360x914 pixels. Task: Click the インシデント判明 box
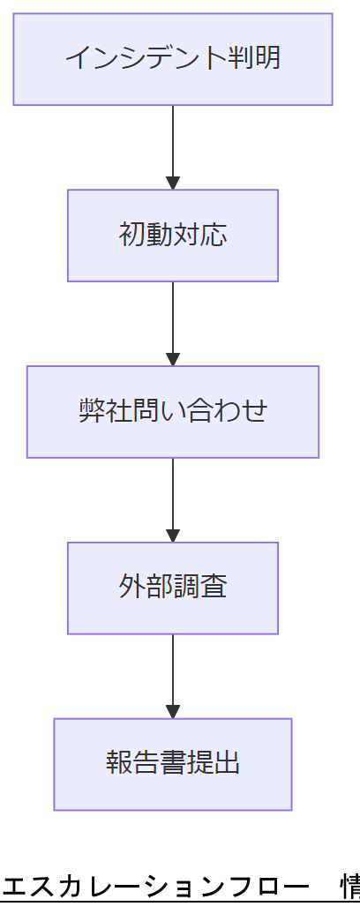point(173,59)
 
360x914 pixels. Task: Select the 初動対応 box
point(173,236)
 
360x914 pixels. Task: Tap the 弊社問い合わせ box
point(173,412)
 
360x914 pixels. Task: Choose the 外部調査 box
point(173,588)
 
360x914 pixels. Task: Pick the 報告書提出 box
point(173,764)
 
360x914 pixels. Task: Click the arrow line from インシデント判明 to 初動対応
point(173,141)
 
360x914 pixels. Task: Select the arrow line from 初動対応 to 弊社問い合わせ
point(173,318)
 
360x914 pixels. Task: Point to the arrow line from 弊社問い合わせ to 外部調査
point(173,494)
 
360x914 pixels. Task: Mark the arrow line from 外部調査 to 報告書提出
point(173,671)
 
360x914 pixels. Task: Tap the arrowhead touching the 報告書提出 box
point(173,712)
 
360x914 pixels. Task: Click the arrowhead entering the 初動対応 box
point(173,183)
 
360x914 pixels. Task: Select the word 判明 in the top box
point(254,58)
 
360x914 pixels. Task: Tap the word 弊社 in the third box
point(105,411)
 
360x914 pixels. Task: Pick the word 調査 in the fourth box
point(200,588)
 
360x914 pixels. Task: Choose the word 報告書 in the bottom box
point(146,763)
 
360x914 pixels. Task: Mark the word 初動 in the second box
point(146,235)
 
